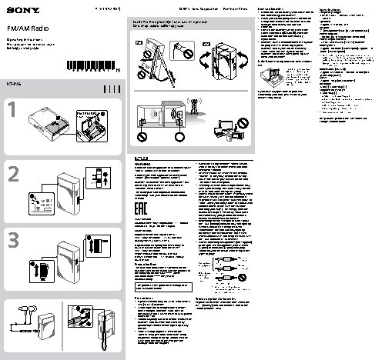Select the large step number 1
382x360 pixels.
[x=12, y=112]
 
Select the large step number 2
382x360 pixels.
[x=13, y=175]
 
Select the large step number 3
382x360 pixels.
[x=12, y=240]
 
